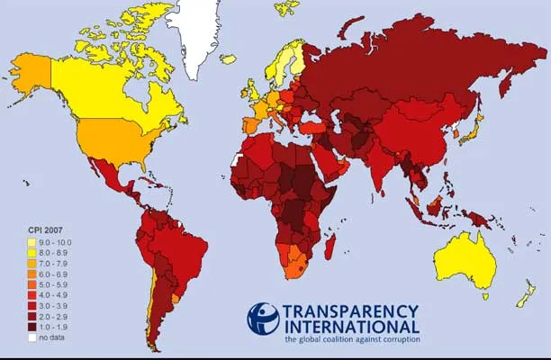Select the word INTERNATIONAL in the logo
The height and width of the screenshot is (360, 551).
click(x=351, y=327)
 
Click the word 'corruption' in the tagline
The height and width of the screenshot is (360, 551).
click(x=397, y=340)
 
